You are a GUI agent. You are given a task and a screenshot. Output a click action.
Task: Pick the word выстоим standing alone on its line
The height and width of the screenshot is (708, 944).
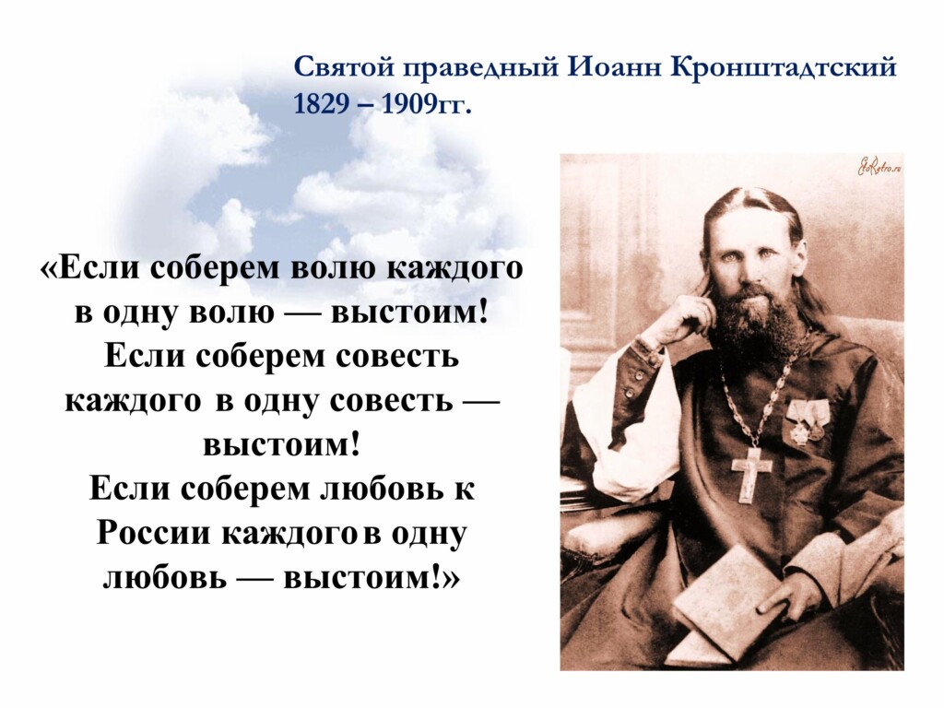tap(282, 445)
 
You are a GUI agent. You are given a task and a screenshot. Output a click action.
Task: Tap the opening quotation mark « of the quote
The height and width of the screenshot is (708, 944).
tap(50, 268)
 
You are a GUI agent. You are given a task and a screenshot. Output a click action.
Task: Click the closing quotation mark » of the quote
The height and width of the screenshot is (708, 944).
tap(452, 580)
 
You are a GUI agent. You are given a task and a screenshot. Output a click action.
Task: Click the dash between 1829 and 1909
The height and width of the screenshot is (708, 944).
tap(363, 105)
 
